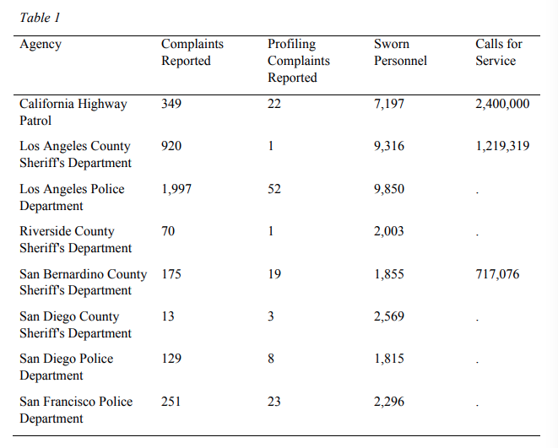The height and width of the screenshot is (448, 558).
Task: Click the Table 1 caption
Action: [40, 18]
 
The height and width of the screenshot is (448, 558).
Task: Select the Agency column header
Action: [41, 45]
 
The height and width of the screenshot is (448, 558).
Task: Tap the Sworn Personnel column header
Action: [400, 52]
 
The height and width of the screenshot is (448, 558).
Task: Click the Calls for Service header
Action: [499, 52]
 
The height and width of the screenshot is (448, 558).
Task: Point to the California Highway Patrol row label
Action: [73, 112]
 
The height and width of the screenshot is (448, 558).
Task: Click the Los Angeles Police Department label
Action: [72, 197]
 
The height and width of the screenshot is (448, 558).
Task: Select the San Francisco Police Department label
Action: [76, 409]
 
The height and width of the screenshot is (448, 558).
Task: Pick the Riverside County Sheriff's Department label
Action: [75, 240]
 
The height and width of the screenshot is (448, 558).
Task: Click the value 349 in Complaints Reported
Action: [171, 104]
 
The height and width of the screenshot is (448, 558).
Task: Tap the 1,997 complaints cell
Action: [176, 189]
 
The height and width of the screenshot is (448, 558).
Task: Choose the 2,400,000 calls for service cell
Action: [502, 104]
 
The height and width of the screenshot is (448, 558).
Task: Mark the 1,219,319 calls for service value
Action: [502, 146]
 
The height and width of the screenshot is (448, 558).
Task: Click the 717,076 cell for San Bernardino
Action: [497, 274]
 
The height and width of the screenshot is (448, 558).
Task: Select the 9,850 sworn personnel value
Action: [389, 189]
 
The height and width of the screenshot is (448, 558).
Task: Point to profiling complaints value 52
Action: [274, 189]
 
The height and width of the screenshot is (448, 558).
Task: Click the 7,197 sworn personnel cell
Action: [389, 104]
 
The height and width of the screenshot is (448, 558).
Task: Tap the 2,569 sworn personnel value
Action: [389, 316]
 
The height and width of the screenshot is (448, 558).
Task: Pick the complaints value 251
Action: [171, 402]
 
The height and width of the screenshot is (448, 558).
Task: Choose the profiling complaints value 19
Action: [274, 274]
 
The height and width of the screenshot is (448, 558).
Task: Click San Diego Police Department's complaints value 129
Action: [171, 359]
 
